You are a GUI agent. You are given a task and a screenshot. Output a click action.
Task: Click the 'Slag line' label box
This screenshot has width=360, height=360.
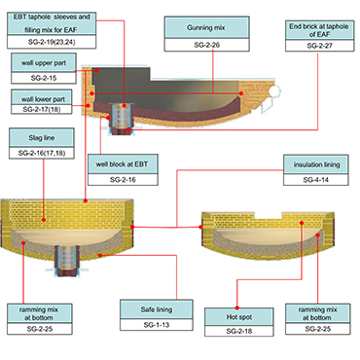point(41,138)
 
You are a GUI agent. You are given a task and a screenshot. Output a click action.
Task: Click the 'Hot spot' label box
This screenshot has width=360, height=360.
point(238,316)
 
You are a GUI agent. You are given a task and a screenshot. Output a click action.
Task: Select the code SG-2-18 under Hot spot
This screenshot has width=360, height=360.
point(238,332)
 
